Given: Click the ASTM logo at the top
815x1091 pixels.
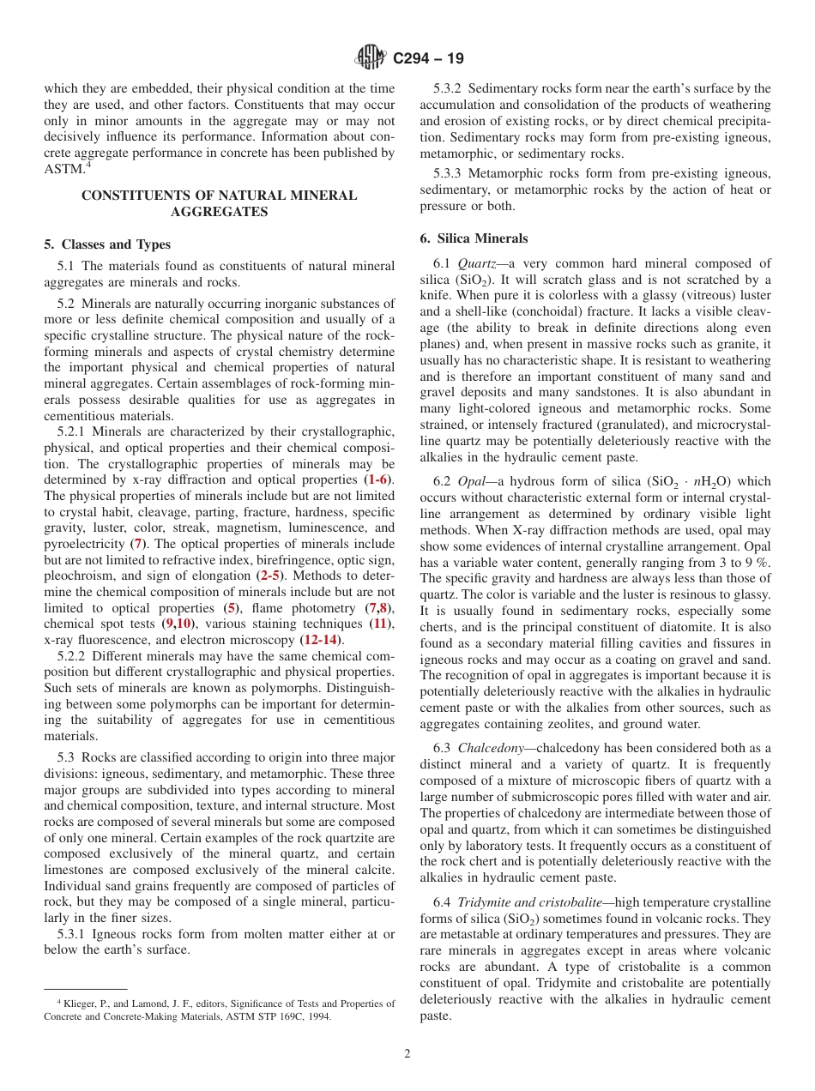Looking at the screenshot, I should point(371,58).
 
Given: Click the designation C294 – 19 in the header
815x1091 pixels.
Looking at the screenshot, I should point(428,58).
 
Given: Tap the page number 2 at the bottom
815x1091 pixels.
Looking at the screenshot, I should point(407,1054).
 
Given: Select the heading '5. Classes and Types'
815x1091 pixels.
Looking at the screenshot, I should point(107,244).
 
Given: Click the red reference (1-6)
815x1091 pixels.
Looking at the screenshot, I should point(378,479).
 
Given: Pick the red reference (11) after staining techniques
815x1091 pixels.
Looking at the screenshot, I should point(380,624).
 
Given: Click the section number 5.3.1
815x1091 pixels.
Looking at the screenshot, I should point(73,934).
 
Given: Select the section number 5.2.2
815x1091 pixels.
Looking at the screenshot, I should point(73,656).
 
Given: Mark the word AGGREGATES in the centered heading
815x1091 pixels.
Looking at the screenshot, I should point(219,212).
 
